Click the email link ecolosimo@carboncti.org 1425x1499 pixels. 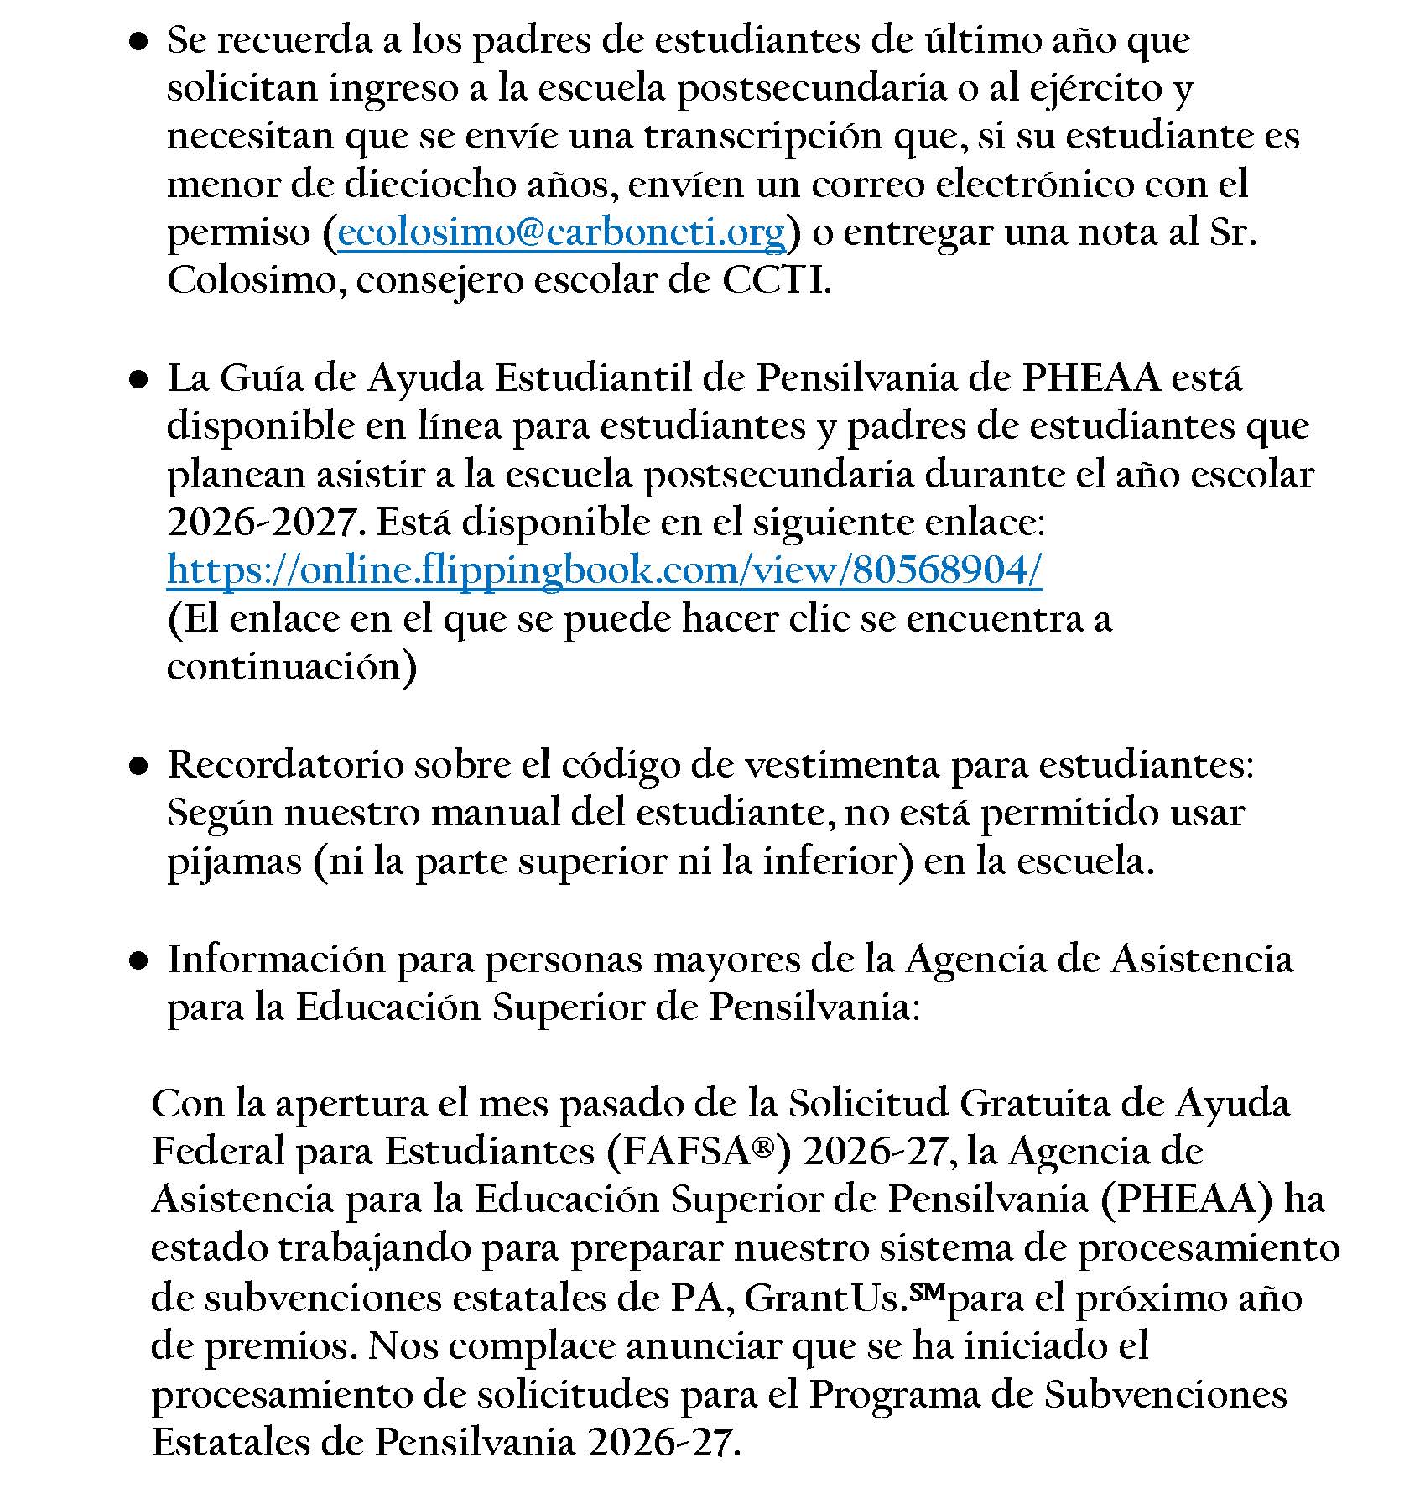(561, 232)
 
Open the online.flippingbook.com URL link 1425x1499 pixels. (604, 570)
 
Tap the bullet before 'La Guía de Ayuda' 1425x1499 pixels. (139, 380)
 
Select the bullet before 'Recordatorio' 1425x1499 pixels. (139, 766)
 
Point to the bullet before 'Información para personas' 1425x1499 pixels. (139, 960)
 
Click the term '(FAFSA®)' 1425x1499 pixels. (697, 1152)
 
